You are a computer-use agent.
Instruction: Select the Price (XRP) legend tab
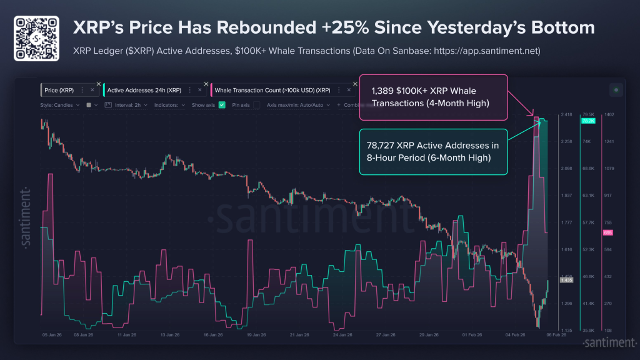[x=59, y=91]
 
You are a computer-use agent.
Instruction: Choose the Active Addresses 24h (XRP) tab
[x=144, y=91]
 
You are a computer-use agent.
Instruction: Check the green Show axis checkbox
[x=221, y=105]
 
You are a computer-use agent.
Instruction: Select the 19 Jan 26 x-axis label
[x=257, y=335]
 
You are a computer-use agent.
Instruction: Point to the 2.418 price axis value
[x=567, y=115]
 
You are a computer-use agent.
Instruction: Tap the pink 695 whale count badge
[x=608, y=232]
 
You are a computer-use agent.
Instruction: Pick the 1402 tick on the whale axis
[x=609, y=115]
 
